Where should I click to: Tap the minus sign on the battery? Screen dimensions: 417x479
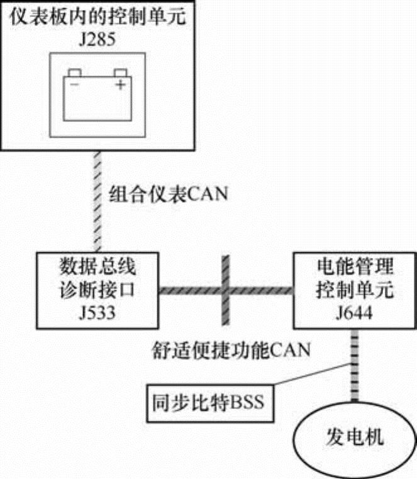[75, 84]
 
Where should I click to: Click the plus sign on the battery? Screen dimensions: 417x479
[120, 84]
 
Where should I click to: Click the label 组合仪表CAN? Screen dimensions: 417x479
[167, 193]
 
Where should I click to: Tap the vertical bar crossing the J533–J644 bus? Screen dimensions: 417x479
[225, 290]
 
